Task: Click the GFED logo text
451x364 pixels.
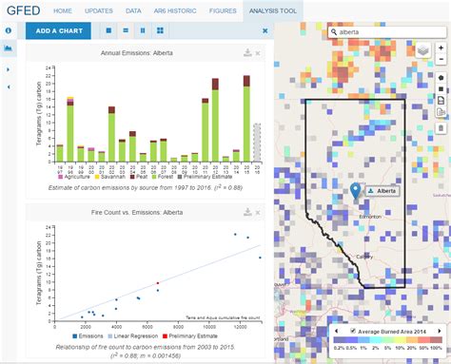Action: (x=23, y=10)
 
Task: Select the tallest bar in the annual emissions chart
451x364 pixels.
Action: (x=246, y=119)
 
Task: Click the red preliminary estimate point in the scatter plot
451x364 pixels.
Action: (x=158, y=283)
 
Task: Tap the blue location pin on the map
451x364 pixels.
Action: (x=357, y=191)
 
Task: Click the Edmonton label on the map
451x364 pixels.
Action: (x=371, y=217)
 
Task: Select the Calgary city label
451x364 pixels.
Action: (x=363, y=256)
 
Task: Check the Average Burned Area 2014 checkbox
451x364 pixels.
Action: (x=354, y=332)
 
